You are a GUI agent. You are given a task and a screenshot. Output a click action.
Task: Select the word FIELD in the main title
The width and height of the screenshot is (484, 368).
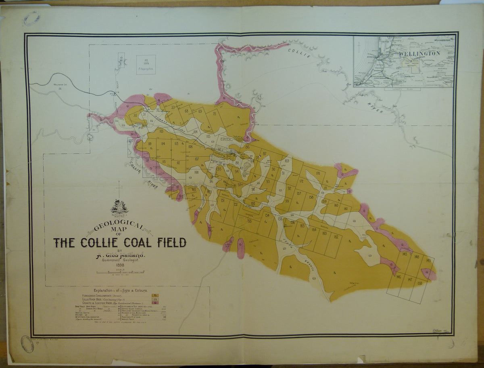click(167, 242)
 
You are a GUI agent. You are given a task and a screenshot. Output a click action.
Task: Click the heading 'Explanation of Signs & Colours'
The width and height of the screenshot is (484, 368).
click(121, 290)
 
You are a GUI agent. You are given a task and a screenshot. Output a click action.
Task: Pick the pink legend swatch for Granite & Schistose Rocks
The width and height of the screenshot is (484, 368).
click(154, 303)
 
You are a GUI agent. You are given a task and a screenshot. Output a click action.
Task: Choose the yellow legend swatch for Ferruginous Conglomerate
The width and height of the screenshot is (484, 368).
click(154, 295)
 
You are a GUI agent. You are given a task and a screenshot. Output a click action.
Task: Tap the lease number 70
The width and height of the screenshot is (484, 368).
click(214, 114)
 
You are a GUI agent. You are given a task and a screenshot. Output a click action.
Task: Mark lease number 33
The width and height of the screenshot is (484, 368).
click(173, 107)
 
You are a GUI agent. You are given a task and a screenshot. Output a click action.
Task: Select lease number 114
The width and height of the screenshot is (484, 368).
click(163, 144)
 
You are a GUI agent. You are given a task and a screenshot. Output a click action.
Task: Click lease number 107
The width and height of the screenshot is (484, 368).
click(197, 159)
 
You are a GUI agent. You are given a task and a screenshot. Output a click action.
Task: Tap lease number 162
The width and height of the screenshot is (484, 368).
click(336, 236)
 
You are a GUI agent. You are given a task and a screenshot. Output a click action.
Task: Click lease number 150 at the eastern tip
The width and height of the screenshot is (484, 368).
click(420, 284)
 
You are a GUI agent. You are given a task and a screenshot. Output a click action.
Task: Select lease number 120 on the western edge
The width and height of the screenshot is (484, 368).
click(131, 141)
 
